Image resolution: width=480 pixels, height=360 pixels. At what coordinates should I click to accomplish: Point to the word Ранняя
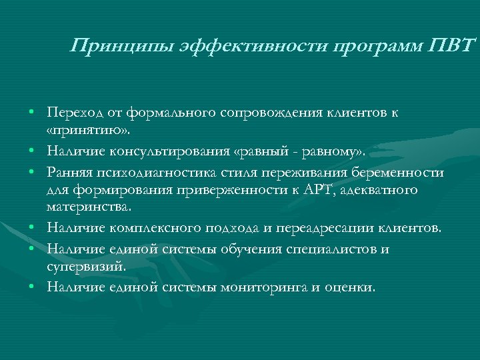tap(67, 171)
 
